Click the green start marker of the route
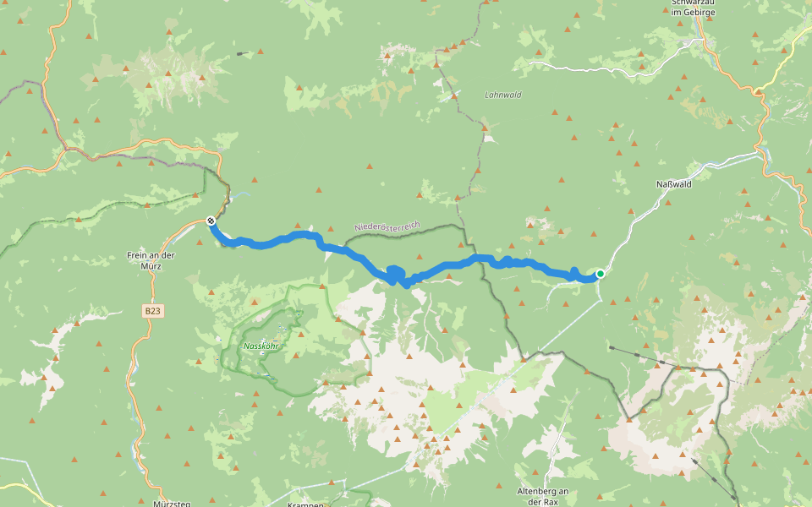pos(600,273)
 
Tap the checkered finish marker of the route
pos(211,221)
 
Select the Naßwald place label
pos(674,183)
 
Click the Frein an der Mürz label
pos(151,259)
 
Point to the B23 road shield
pos(152,312)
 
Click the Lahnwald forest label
pos(503,95)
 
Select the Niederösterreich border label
pos(387,226)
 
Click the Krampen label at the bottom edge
pos(305,504)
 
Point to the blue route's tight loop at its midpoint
pos(396,275)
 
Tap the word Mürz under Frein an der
pos(151,264)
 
